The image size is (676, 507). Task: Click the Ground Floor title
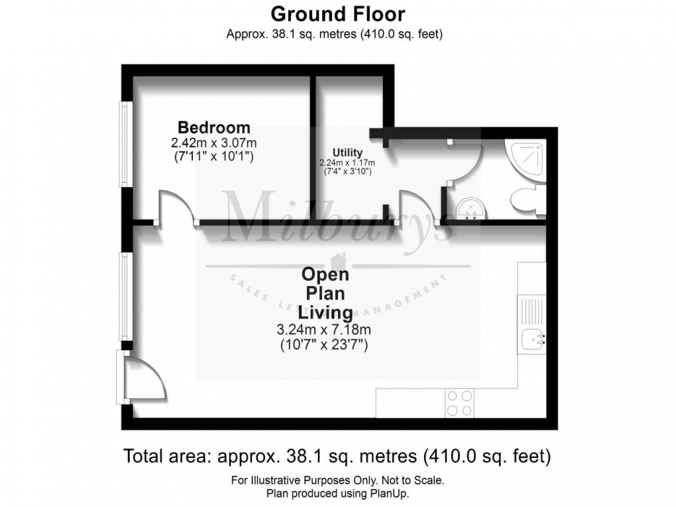click(x=337, y=13)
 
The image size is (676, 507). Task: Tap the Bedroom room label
click(x=214, y=127)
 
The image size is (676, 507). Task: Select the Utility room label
click(x=348, y=152)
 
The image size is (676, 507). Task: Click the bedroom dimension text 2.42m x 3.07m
click(x=214, y=142)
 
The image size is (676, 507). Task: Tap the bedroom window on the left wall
click(x=124, y=142)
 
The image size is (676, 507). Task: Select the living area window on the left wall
click(x=124, y=296)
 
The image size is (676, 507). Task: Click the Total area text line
click(x=337, y=456)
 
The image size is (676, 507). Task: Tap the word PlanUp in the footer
click(x=392, y=494)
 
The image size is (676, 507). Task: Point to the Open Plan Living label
click(x=325, y=292)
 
